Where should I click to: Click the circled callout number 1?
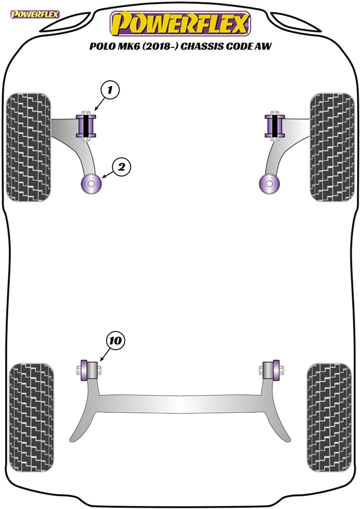tap(110, 90)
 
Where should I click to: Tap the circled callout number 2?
tap(122, 167)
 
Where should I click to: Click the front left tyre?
tap(29, 147)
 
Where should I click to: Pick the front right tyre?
tap(332, 147)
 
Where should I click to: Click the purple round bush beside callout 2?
tap(91, 184)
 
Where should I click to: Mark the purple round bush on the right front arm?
tap(269, 184)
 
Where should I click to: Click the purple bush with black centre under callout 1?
tap(86, 126)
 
